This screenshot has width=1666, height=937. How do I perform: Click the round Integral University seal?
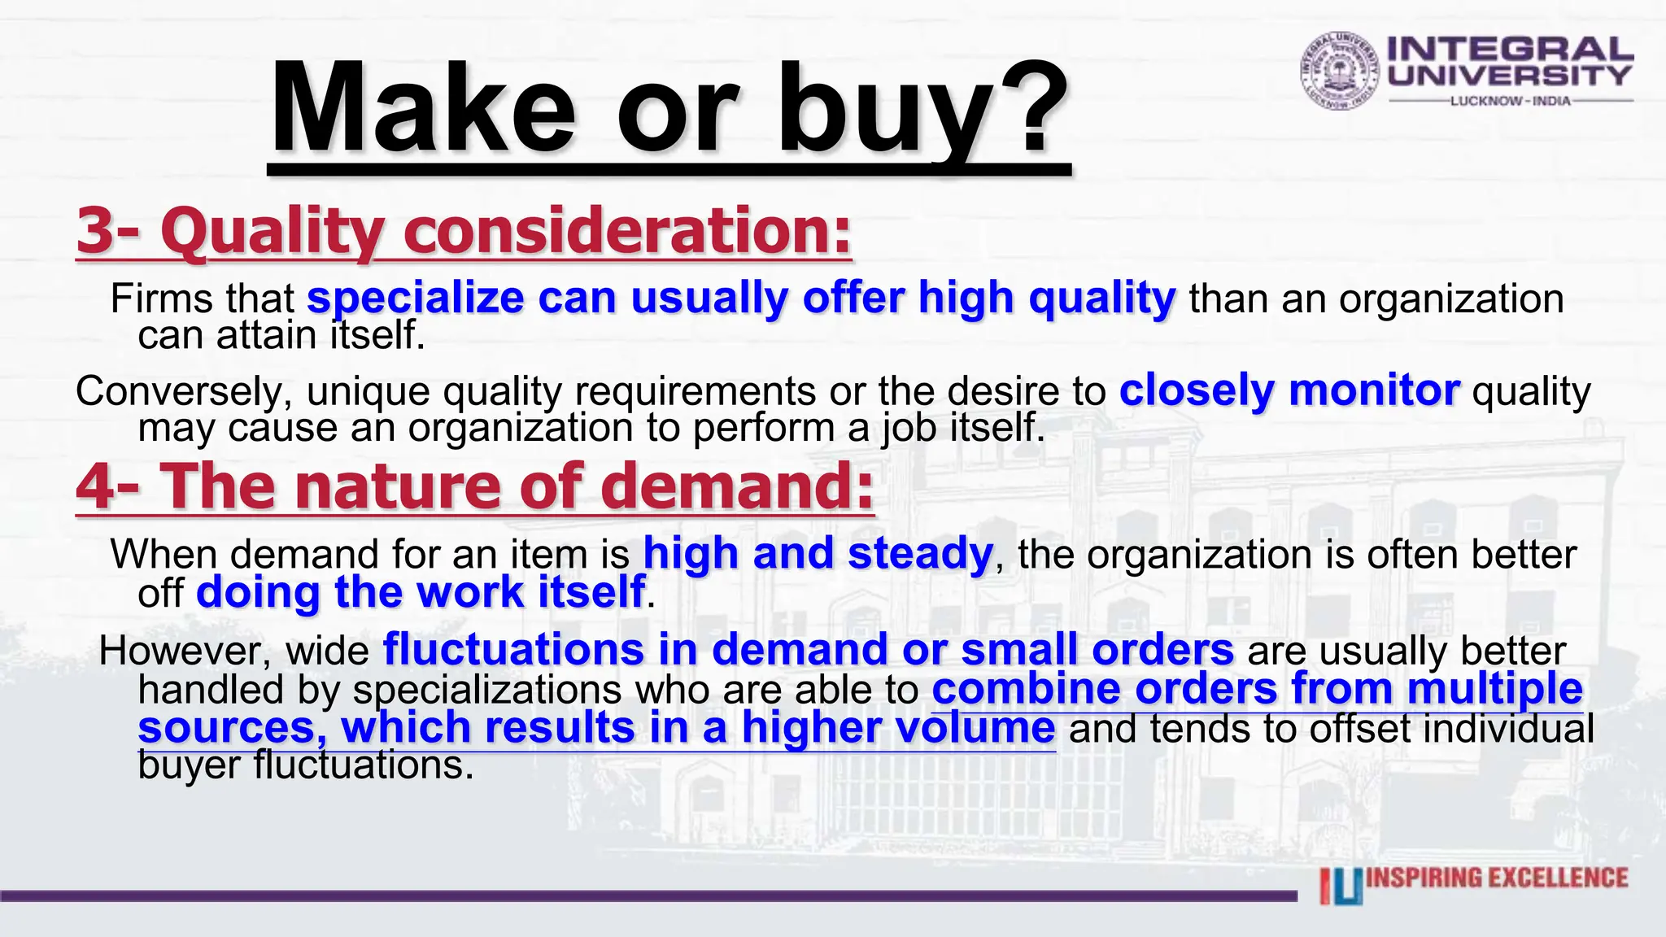point(1340,71)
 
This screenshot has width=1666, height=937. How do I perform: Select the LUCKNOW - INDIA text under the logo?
point(1511,101)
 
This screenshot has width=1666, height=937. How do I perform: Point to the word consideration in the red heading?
point(626,231)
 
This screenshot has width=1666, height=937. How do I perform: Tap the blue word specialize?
point(415,299)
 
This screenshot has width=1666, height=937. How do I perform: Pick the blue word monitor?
point(1374,390)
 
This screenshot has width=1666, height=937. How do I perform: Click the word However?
point(185,651)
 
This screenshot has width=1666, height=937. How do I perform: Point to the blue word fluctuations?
point(513,650)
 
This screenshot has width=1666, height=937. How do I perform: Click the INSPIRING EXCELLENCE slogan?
point(1497,878)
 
